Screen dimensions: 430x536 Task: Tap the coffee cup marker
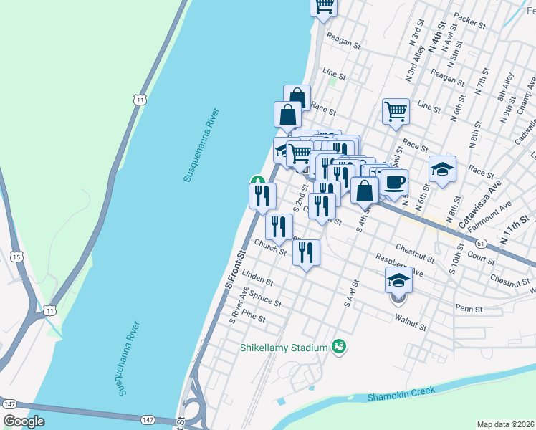(x=393, y=183)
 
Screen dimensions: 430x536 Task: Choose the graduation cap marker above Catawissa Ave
(x=442, y=169)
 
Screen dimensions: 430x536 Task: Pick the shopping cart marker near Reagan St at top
(x=323, y=6)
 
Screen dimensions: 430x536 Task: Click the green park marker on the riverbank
(x=257, y=181)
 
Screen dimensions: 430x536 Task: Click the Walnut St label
(x=411, y=326)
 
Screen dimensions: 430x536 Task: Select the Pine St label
(x=254, y=316)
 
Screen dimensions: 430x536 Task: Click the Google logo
(x=24, y=421)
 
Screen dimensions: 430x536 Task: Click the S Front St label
(x=234, y=269)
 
